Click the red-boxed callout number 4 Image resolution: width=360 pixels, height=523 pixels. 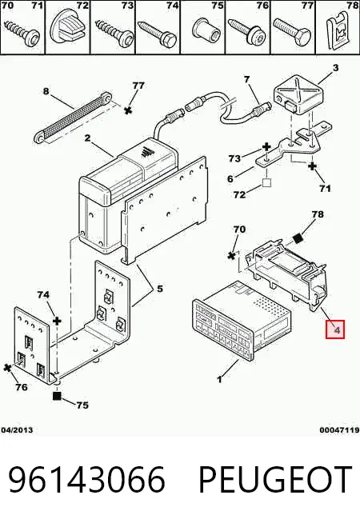335,329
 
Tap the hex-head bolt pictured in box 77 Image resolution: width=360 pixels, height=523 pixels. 292,32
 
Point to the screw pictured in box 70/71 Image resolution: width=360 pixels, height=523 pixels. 22,32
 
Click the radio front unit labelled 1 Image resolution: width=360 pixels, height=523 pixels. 242,321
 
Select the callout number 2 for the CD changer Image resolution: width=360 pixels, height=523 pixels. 87,138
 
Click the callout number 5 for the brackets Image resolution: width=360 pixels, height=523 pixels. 160,288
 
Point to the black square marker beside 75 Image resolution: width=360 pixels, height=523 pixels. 58,396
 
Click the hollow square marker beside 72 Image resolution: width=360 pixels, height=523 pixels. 266,182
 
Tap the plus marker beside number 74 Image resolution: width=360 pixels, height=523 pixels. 58,321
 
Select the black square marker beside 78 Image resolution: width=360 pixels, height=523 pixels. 297,239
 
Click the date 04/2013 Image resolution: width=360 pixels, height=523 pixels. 17,430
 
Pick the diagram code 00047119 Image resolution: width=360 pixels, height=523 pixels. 339,430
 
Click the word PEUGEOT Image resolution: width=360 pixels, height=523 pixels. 275,480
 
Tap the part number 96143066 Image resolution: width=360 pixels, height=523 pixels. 86,480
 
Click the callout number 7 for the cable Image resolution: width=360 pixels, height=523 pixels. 246,80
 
